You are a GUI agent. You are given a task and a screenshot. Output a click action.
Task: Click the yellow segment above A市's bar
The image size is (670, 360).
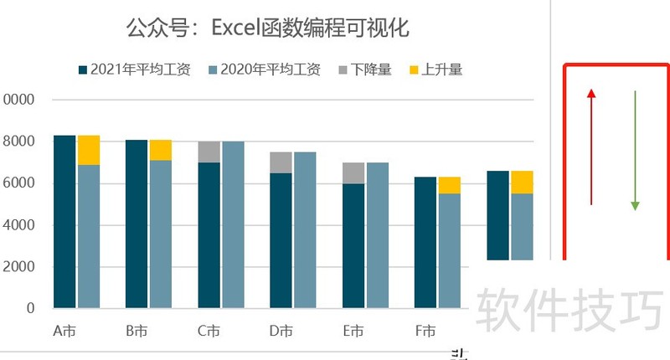coord(89,150)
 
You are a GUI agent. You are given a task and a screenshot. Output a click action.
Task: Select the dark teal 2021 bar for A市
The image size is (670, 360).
coord(64,221)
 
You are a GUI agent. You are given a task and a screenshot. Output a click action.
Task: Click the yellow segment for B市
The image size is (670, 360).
coord(161,150)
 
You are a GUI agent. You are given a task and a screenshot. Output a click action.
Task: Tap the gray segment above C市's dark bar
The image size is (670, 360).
coord(209,152)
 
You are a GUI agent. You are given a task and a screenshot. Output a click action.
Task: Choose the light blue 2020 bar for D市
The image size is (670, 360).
coord(305,229)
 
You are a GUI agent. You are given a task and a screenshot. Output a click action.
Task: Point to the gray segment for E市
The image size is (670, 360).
coord(353,172)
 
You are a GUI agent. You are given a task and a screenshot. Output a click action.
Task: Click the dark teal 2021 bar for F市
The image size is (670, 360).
coord(425,242)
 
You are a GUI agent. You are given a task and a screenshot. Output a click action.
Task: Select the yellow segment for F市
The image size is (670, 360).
coord(450,185)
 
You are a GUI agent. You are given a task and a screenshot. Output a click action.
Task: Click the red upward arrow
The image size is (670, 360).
coord(591,147)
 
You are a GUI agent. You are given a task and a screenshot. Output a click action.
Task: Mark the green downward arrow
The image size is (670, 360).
coord(635,151)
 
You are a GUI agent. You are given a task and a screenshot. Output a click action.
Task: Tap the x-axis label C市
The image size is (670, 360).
coord(209,332)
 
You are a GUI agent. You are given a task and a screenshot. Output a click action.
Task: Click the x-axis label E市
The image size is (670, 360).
coord(353,332)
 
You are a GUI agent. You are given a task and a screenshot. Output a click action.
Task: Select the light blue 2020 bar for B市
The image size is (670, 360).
coord(161,234)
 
